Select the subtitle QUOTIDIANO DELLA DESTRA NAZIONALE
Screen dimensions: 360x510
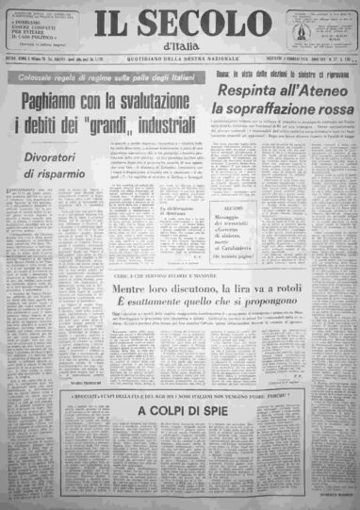(x=180, y=63)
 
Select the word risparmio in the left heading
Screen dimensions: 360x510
(x=68, y=173)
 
